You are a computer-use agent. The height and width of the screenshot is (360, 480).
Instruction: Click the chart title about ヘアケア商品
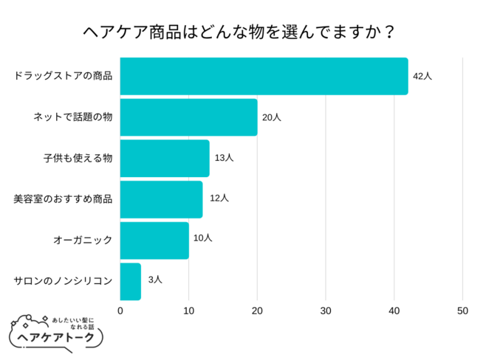tap(239, 32)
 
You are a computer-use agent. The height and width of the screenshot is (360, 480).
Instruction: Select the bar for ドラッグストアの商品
tap(264, 76)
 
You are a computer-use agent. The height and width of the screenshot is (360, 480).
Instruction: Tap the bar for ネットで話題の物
tap(188, 117)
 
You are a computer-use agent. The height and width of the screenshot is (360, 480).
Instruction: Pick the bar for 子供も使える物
tap(164, 158)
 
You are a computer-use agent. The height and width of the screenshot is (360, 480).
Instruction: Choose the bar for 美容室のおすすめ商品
tap(161, 199)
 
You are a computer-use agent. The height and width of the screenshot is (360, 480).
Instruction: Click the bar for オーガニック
tap(154, 240)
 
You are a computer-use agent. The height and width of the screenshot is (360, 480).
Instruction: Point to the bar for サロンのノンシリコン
tap(130, 281)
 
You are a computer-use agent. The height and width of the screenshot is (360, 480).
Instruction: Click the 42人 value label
tap(422, 76)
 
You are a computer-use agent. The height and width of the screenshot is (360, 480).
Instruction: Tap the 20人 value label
tap(272, 117)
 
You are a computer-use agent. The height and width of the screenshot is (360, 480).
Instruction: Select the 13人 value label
tap(224, 158)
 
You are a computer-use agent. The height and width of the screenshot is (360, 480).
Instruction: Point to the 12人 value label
tap(219, 198)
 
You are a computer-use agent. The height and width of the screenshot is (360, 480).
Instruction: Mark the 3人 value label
tap(155, 280)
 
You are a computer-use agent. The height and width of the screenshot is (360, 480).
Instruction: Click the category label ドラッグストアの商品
tap(64, 76)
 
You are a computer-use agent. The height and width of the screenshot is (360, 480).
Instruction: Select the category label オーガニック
tap(83, 240)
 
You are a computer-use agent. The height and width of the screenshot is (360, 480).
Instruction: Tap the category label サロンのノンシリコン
tap(64, 281)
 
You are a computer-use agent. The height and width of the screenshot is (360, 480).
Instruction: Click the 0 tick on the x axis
tap(120, 311)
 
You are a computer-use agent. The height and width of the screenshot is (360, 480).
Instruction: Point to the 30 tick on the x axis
tap(326, 311)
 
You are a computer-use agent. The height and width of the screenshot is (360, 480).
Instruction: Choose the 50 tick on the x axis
tap(462, 311)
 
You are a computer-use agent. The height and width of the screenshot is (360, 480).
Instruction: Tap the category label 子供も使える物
tap(78, 158)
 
